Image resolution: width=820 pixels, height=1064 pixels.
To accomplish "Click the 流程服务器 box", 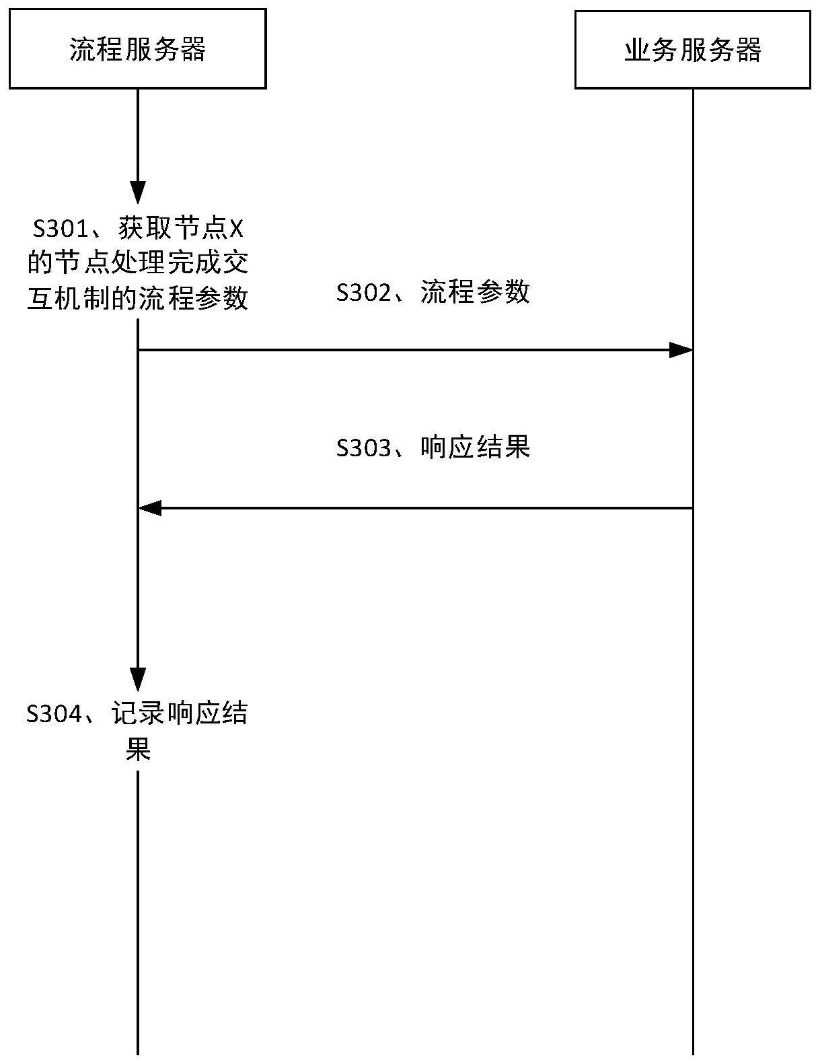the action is (x=137, y=48).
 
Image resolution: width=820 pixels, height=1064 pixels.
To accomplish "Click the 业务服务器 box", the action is (x=692, y=49).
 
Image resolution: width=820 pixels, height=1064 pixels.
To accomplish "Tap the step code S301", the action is (x=61, y=229).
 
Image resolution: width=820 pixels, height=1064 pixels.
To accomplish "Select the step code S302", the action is (x=363, y=292).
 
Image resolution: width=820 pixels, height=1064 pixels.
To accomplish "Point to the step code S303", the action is (x=363, y=447).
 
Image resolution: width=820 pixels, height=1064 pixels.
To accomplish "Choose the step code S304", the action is (x=54, y=713).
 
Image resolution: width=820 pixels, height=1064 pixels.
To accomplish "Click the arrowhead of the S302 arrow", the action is (x=681, y=349).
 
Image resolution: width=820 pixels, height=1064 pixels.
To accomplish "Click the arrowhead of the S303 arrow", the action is (x=149, y=508).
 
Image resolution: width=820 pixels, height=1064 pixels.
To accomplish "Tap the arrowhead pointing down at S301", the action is (x=138, y=192).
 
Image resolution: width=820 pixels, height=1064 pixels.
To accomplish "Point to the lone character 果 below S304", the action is (x=138, y=748).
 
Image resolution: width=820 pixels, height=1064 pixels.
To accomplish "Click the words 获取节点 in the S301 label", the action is (x=174, y=229).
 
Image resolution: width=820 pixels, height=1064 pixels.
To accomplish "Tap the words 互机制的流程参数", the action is (x=137, y=297).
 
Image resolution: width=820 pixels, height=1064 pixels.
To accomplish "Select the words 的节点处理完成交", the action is (x=137, y=263).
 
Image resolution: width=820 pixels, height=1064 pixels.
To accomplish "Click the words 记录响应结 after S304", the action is (x=180, y=713).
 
